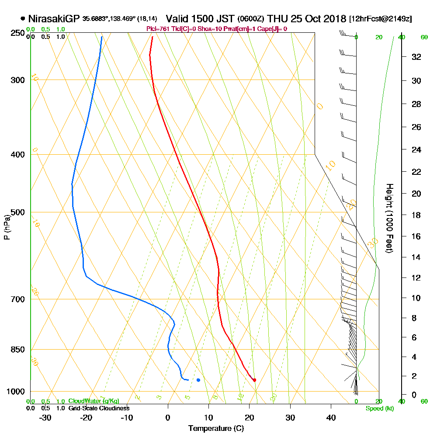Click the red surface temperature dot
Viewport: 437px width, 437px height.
(x=254, y=380)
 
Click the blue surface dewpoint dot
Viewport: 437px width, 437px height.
(x=198, y=380)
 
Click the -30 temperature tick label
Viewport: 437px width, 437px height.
(x=45, y=417)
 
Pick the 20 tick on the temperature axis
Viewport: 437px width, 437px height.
(x=250, y=417)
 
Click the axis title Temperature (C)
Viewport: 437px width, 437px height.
(x=216, y=428)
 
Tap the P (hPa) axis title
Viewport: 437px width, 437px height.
(x=7, y=227)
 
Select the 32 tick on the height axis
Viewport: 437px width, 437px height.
(x=416, y=57)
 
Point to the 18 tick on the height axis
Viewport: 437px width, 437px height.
(x=416, y=215)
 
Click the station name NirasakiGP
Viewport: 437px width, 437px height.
(x=54, y=19)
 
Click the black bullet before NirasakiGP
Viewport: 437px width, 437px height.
(x=23, y=19)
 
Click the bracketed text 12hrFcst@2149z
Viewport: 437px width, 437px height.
(x=380, y=19)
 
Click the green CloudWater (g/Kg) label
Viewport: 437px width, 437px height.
(x=94, y=401)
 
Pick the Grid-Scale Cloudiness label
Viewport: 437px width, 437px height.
(x=98, y=408)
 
